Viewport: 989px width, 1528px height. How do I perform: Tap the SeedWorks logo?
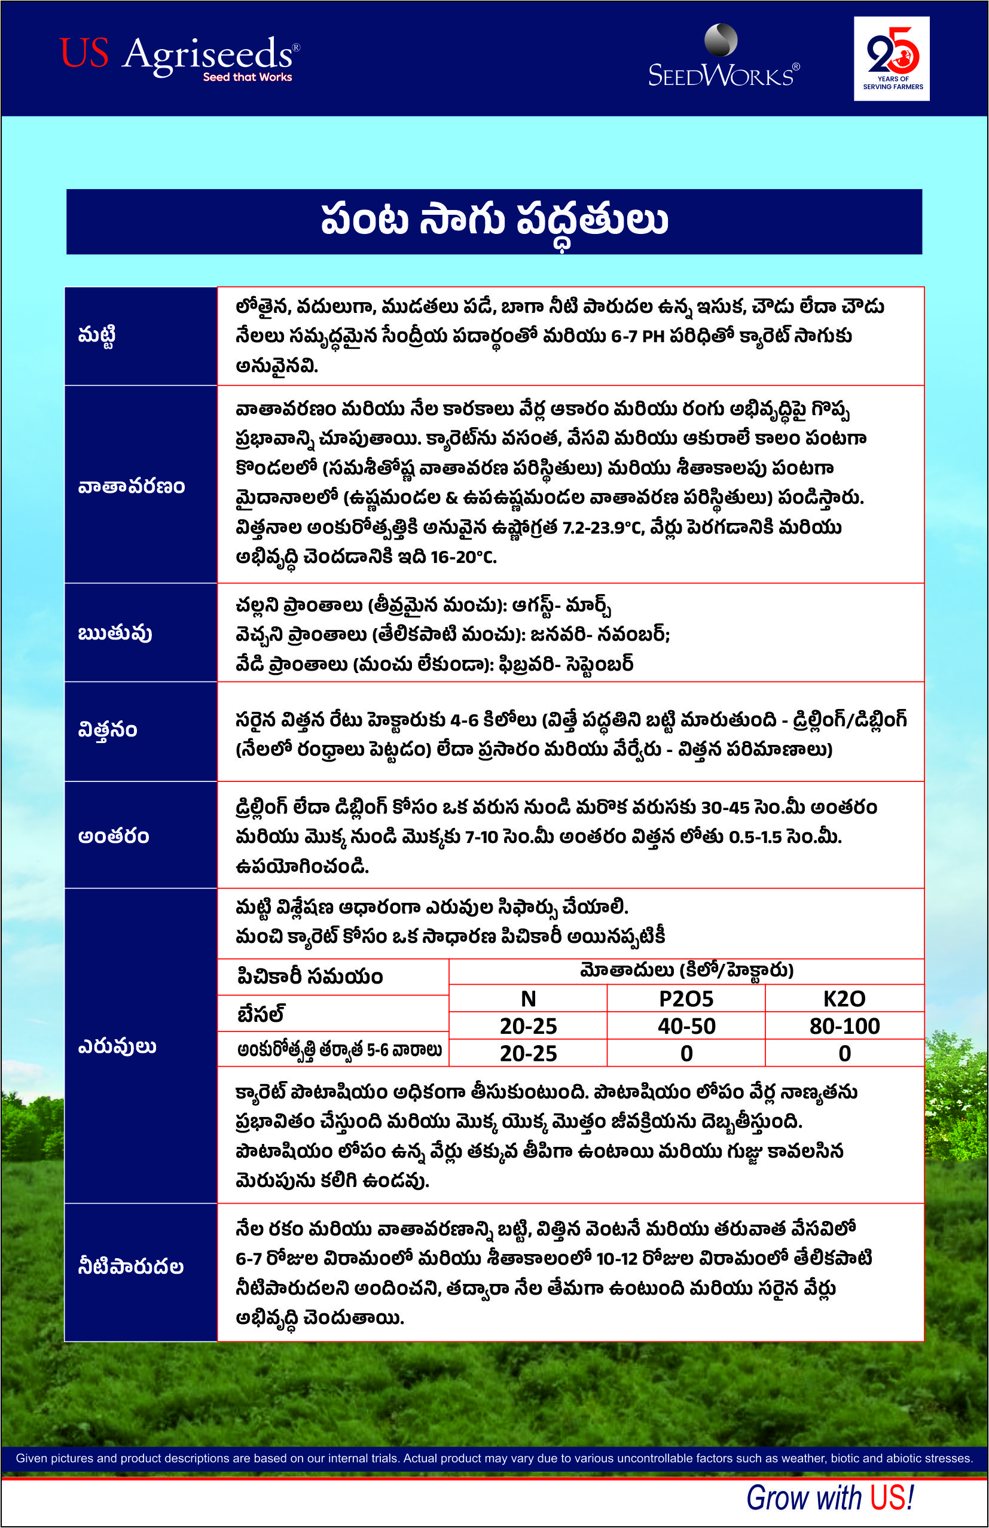(x=724, y=58)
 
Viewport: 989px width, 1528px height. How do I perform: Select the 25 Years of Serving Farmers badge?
(x=892, y=59)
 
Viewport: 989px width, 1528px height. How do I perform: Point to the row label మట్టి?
(x=97, y=336)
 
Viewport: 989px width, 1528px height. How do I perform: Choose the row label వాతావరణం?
(x=132, y=486)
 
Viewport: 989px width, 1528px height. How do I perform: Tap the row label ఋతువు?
(x=115, y=633)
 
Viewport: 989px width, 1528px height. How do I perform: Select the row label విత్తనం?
(x=108, y=730)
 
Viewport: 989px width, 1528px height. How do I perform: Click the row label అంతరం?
(x=114, y=836)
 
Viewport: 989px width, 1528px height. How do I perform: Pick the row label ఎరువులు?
(x=117, y=1046)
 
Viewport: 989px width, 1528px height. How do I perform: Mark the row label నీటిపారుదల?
(x=131, y=1266)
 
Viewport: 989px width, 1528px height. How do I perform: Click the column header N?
(x=527, y=999)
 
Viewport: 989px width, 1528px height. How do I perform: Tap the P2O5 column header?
(x=686, y=999)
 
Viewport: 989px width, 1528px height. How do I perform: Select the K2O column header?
(x=844, y=999)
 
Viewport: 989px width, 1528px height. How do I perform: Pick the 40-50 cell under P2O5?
(x=686, y=1026)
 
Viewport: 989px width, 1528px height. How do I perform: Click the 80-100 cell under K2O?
(x=844, y=1026)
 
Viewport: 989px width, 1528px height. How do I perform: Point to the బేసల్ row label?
(x=261, y=1013)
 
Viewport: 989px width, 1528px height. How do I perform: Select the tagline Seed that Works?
(x=248, y=77)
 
